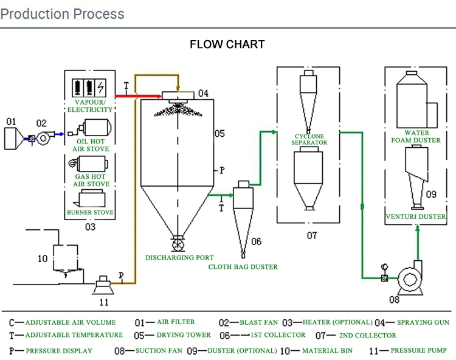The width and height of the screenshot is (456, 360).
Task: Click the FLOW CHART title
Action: coord(227,44)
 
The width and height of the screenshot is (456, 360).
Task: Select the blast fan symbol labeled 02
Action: coord(43,139)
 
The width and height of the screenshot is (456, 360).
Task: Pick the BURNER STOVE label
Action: coord(90,213)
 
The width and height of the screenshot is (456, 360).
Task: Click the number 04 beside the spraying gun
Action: coord(203,94)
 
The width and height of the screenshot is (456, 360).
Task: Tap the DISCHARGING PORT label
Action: coord(179,257)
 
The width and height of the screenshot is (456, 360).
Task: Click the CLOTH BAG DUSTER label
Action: coord(243,266)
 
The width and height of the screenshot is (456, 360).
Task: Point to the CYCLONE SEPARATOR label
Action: coord(309,139)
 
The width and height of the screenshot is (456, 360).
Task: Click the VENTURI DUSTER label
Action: coord(416,216)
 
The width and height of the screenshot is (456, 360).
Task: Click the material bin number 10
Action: coord(43,258)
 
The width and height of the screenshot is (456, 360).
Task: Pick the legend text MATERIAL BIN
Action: coord(330,351)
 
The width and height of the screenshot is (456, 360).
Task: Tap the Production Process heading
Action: coord(62,13)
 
